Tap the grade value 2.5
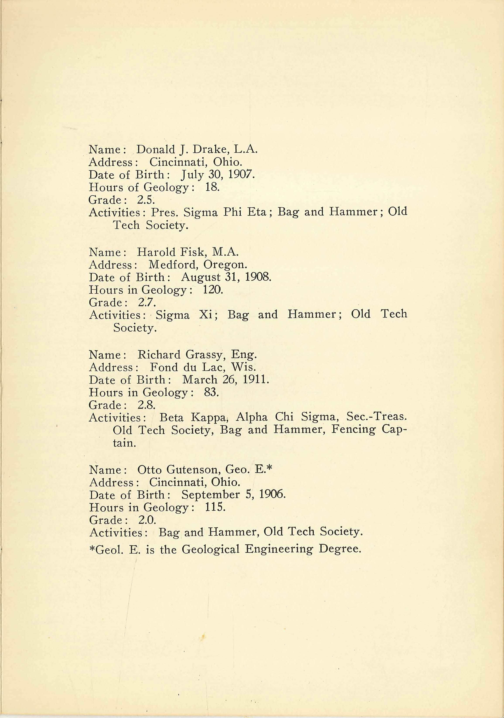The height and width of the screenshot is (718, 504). [146, 200]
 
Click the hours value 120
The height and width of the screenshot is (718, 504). [213, 290]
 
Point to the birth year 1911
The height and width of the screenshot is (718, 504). [256, 380]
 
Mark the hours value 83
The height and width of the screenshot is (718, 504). [211, 392]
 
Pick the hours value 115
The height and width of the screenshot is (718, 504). [215, 507]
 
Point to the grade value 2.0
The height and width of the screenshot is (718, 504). [147, 520]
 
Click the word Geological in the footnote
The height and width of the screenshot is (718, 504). [211, 549]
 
